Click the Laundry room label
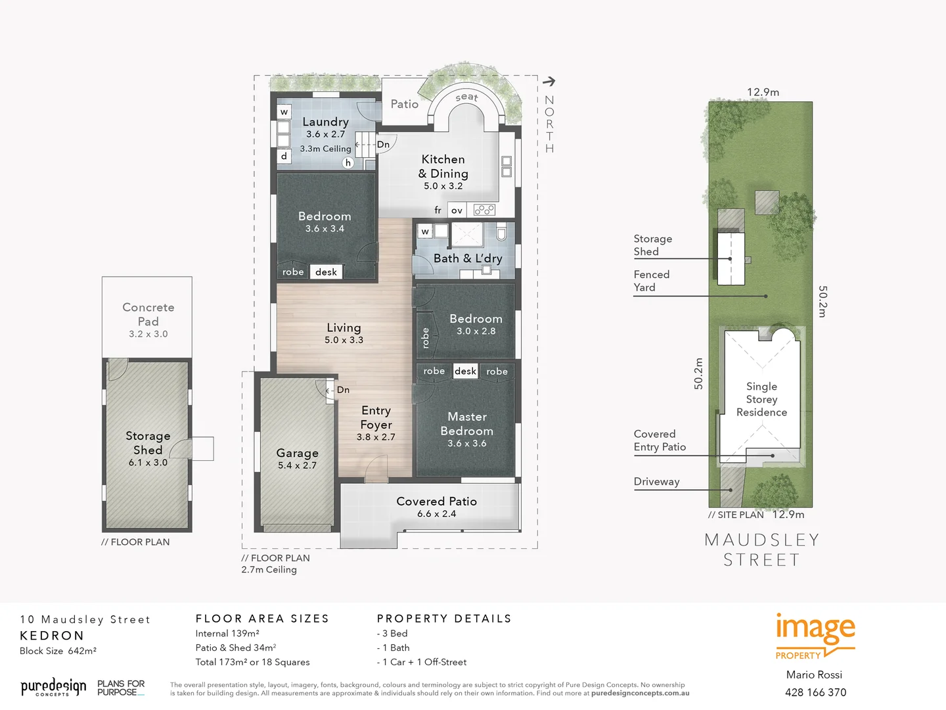pos(325,122)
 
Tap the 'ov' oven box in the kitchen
pos(457,210)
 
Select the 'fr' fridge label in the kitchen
pos(438,210)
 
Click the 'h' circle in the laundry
pos(348,162)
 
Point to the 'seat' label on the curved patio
pos(466,97)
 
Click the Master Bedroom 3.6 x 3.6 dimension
pos(466,443)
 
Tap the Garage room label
pos(297,453)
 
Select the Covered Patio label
pos(436,501)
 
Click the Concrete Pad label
pos(148,314)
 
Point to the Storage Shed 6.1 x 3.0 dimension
pos(148,462)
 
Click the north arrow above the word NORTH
pos(549,82)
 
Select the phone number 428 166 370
pos(815,692)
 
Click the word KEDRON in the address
pos(52,636)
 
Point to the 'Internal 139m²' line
pos(227,633)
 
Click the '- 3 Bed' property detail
pos(392,633)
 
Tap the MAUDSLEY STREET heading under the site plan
pos(761,550)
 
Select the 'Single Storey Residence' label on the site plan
pos(761,399)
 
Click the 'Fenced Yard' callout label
pos(651,281)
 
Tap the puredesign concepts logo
pos(53,688)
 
